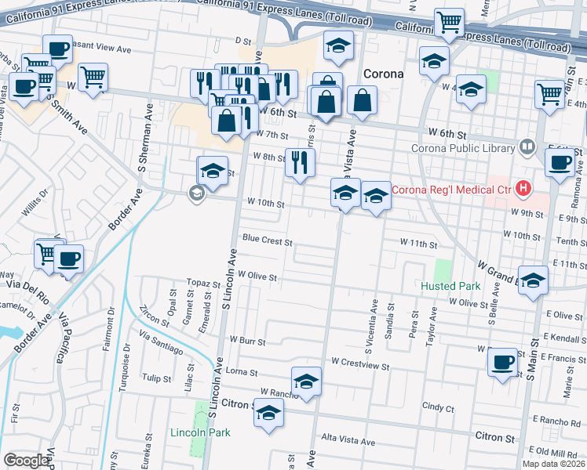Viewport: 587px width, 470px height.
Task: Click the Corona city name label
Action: pyautogui.click(x=383, y=74)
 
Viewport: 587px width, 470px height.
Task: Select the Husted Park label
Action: pyautogui.click(x=448, y=287)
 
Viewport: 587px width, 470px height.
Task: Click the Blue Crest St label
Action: pyautogui.click(x=267, y=240)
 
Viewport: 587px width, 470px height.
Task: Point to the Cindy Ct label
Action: pyautogui.click(x=438, y=407)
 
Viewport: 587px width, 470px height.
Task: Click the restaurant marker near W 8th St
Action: pyautogui.click(x=299, y=162)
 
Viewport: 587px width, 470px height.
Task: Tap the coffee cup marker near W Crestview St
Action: pyautogui.click(x=502, y=362)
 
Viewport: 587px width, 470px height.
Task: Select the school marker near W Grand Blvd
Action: pyautogui.click(x=533, y=280)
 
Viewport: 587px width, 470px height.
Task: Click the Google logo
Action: pyautogui.click(x=26, y=461)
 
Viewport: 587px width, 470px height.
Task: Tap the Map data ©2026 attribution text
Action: pyautogui.click(x=554, y=464)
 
